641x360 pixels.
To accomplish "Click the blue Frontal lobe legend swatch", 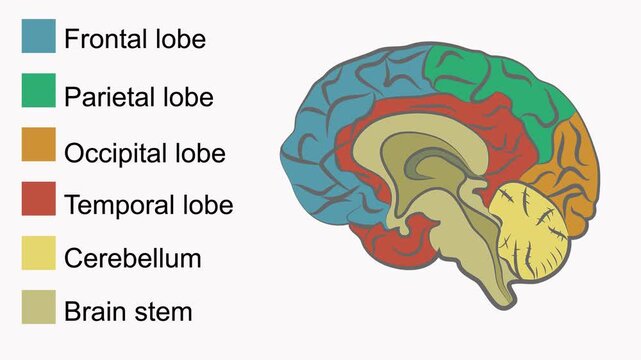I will tap(38, 37).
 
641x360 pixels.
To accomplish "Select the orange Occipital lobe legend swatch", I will tap(38, 145).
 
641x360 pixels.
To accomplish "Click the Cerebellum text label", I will tap(132, 258).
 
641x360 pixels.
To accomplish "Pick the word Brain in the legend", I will tap(94, 311).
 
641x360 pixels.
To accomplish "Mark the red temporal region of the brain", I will tap(390, 240).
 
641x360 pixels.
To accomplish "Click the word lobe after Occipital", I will tap(198, 154).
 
